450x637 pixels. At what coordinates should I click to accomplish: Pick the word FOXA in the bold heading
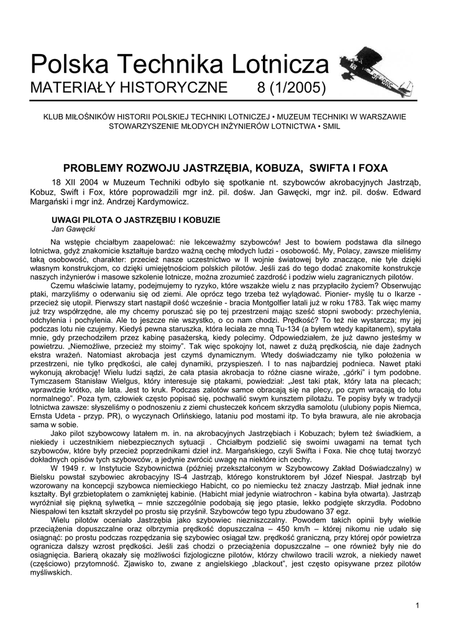(370, 167)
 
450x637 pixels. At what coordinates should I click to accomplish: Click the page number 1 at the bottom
(418, 606)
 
